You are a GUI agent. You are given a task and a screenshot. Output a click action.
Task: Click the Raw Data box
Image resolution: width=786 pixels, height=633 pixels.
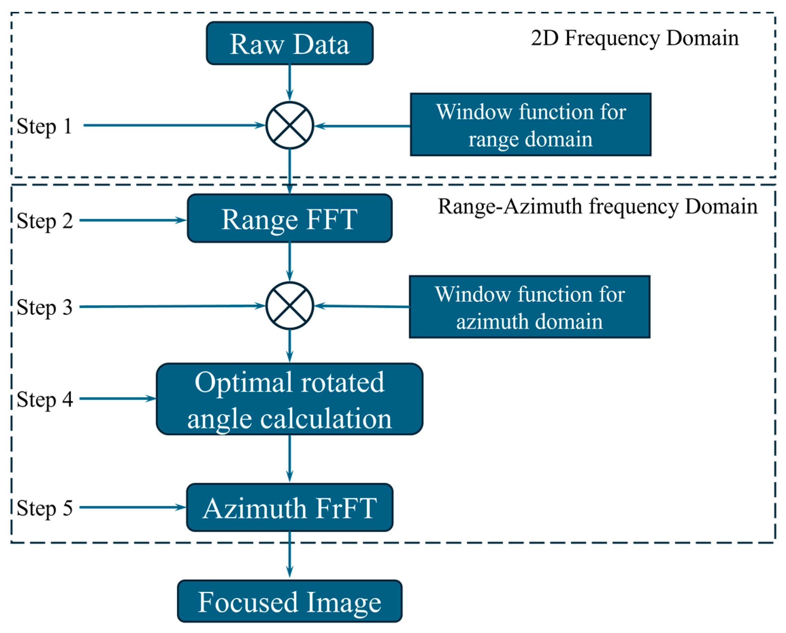289,44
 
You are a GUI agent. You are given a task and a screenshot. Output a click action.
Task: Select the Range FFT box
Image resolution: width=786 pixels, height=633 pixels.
289,218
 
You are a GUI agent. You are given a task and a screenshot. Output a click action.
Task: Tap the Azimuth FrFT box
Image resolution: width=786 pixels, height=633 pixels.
289,508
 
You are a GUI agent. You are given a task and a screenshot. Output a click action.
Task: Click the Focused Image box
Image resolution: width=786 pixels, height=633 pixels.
289,601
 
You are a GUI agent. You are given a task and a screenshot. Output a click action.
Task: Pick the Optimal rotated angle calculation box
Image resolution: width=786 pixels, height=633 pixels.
289,399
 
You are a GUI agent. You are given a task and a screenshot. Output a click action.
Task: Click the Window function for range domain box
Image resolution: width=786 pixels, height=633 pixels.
530,125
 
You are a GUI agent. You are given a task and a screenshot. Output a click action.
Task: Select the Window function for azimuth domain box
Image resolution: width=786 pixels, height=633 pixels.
529,307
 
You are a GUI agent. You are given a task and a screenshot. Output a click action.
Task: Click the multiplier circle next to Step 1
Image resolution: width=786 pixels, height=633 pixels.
289,125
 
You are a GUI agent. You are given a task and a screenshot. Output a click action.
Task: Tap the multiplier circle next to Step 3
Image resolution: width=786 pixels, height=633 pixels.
289,306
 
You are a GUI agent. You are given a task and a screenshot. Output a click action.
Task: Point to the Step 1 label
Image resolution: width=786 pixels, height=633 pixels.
44,126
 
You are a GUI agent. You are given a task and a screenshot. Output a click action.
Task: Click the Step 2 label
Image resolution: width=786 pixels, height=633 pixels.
45,221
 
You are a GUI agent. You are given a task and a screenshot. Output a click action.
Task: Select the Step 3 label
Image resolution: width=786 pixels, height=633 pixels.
45,307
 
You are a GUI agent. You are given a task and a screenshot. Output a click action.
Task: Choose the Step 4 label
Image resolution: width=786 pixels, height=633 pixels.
45,399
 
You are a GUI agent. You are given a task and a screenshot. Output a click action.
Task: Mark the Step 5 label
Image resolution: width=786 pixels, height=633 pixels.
45,508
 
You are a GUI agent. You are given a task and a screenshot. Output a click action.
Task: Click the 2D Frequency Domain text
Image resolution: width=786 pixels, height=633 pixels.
634,38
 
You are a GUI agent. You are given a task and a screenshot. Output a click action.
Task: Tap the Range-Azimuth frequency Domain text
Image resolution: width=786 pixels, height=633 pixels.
598,207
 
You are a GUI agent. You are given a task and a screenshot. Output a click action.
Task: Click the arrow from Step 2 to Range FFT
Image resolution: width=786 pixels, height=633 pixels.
133,220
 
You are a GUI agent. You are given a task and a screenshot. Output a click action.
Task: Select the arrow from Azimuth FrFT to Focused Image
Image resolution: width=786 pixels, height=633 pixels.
289,554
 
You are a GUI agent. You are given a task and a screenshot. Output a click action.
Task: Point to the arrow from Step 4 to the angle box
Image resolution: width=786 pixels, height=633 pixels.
118,398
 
